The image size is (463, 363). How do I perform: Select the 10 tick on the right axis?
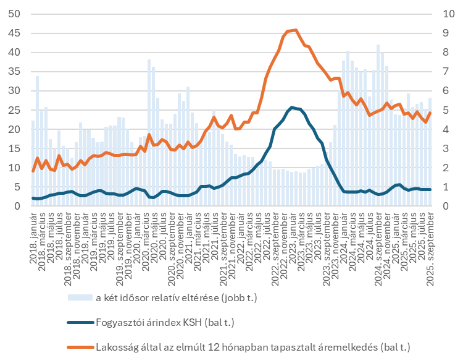tap(446, 14)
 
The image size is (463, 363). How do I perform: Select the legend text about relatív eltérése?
tap(176, 298)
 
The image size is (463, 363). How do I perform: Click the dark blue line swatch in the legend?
tap(80, 322)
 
